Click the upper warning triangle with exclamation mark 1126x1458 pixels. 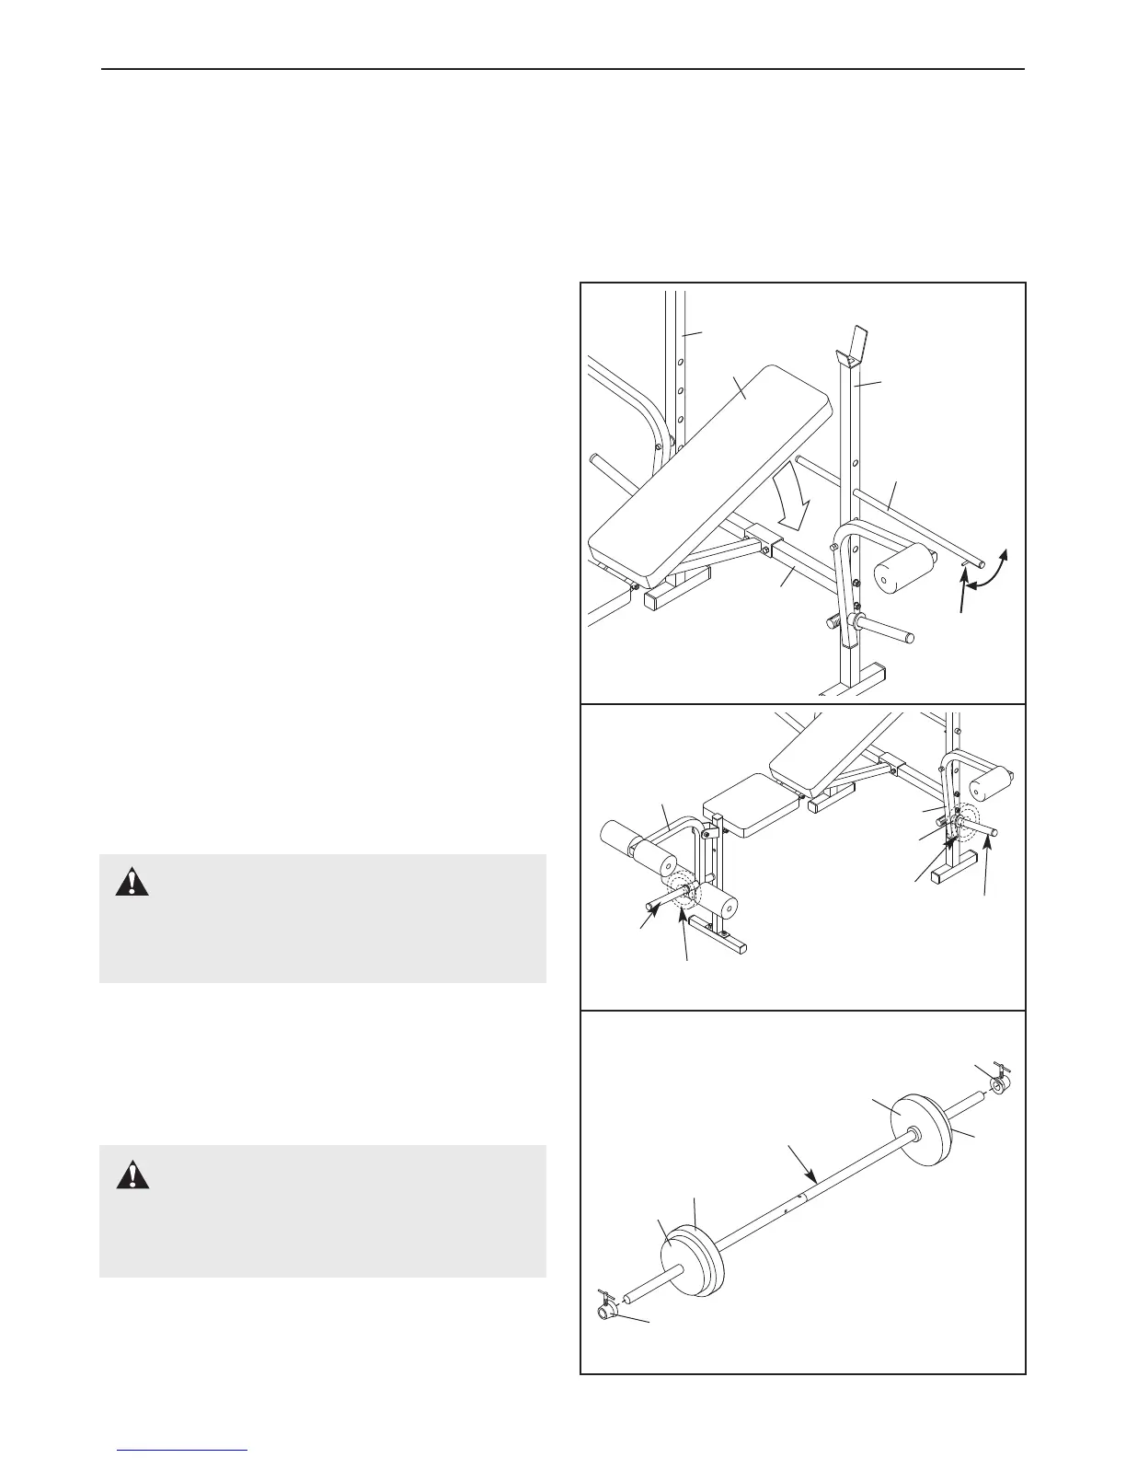tap(132, 883)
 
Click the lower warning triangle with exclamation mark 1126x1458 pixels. tap(132, 1174)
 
